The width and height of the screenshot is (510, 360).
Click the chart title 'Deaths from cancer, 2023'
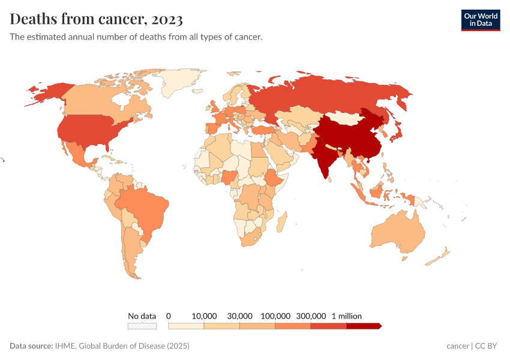(96, 19)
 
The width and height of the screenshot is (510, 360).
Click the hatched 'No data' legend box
(142, 326)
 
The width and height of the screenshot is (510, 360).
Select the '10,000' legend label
(204, 316)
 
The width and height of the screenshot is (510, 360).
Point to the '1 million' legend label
(347, 316)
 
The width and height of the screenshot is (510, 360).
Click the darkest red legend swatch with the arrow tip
(363, 326)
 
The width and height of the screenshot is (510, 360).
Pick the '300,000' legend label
(311, 316)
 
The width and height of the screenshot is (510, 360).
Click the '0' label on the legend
(169, 316)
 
